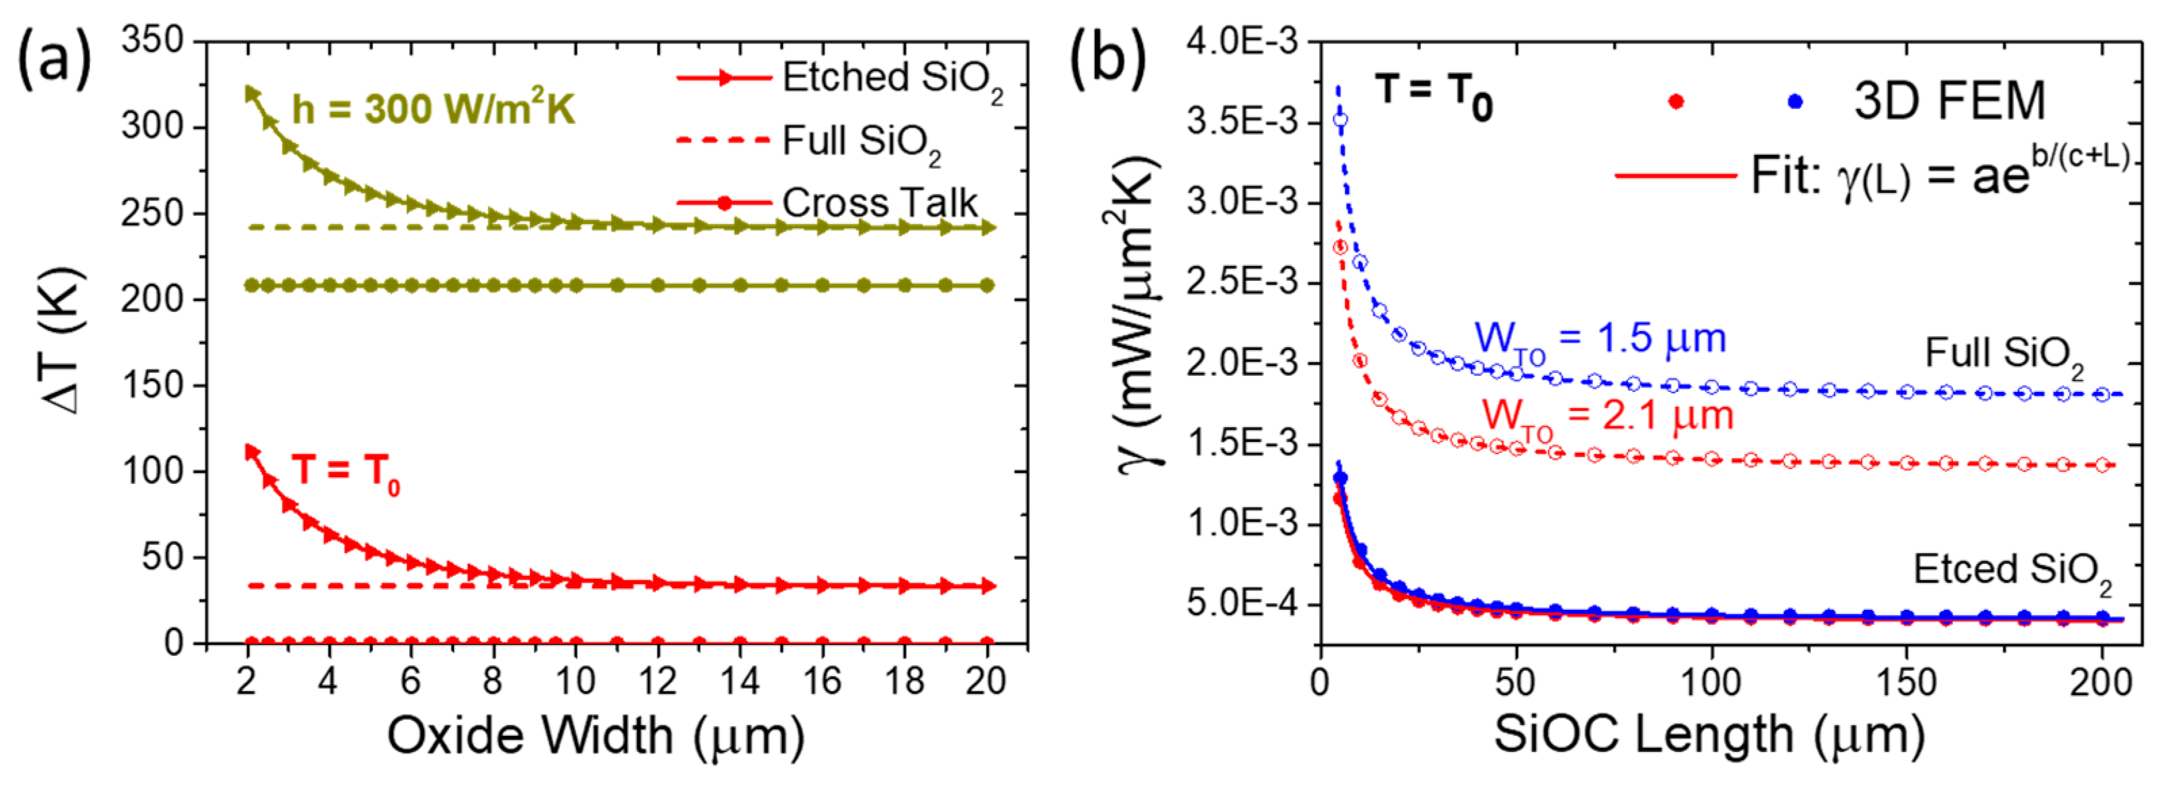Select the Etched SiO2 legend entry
890,78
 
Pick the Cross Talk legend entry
878,202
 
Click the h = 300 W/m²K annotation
433,109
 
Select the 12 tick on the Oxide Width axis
657,681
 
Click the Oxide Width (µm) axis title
594,737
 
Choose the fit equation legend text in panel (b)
1940,177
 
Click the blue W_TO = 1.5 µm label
1600,339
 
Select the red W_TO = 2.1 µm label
1607,416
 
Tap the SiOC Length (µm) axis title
1709,737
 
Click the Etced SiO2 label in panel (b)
2012,571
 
